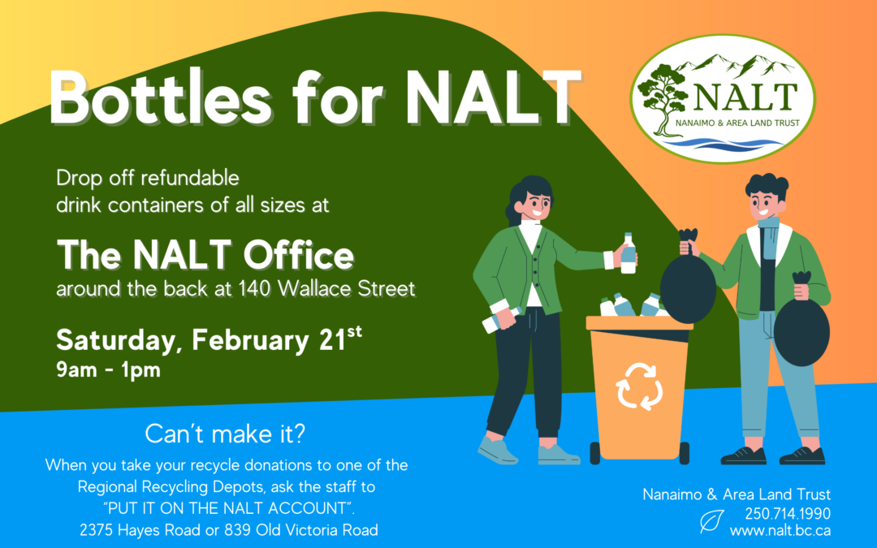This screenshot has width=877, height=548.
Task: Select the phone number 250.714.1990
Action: (x=787, y=513)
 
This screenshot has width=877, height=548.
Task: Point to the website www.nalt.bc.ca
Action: (x=780, y=531)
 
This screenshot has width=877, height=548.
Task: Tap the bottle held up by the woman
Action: (x=628, y=252)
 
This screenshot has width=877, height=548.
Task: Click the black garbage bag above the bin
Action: (x=687, y=284)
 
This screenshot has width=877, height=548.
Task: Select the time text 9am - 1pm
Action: (x=108, y=371)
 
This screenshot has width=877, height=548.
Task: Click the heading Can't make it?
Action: (x=225, y=434)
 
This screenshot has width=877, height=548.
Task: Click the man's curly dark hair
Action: (x=766, y=186)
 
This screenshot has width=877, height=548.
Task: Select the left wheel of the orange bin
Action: (x=594, y=452)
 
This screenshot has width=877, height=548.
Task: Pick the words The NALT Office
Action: (x=205, y=256)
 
